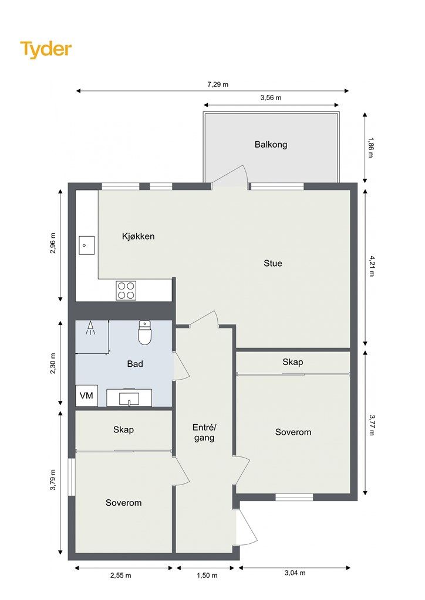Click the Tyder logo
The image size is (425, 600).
[46, 49]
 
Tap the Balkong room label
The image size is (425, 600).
[271, 145]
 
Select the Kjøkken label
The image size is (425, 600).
[139, 237]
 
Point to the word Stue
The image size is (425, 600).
[273, 263]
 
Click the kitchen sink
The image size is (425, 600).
[87, 246]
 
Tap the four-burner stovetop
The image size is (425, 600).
[126, 291]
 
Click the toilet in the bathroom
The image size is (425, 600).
[145, 332]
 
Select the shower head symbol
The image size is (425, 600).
[90, 328]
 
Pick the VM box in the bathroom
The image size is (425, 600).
[87, 396]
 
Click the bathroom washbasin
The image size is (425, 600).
[129, 398]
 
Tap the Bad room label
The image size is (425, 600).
[135, 364]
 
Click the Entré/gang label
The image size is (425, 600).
[204, 432]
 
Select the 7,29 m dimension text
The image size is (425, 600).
[218, 84]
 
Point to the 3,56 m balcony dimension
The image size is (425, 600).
[271, 98]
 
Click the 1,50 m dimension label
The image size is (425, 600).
[207, 575]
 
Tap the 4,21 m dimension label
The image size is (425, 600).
[371, 266]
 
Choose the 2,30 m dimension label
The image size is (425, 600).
[53, 363]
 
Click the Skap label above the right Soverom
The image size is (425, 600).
[293, 362]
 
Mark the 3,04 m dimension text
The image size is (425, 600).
[295, 573]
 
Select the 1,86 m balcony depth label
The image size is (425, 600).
[371, 147]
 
